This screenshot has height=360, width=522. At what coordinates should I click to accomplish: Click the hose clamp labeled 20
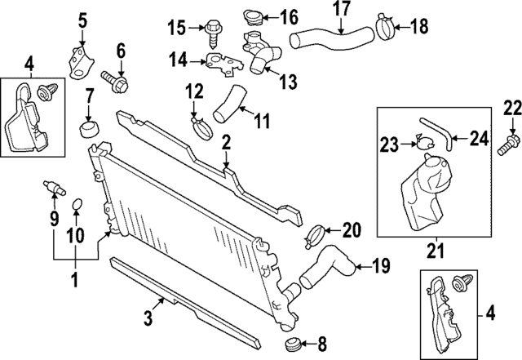316,234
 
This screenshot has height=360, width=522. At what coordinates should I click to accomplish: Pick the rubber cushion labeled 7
87,131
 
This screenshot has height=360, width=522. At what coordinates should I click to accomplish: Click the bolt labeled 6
115,80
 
